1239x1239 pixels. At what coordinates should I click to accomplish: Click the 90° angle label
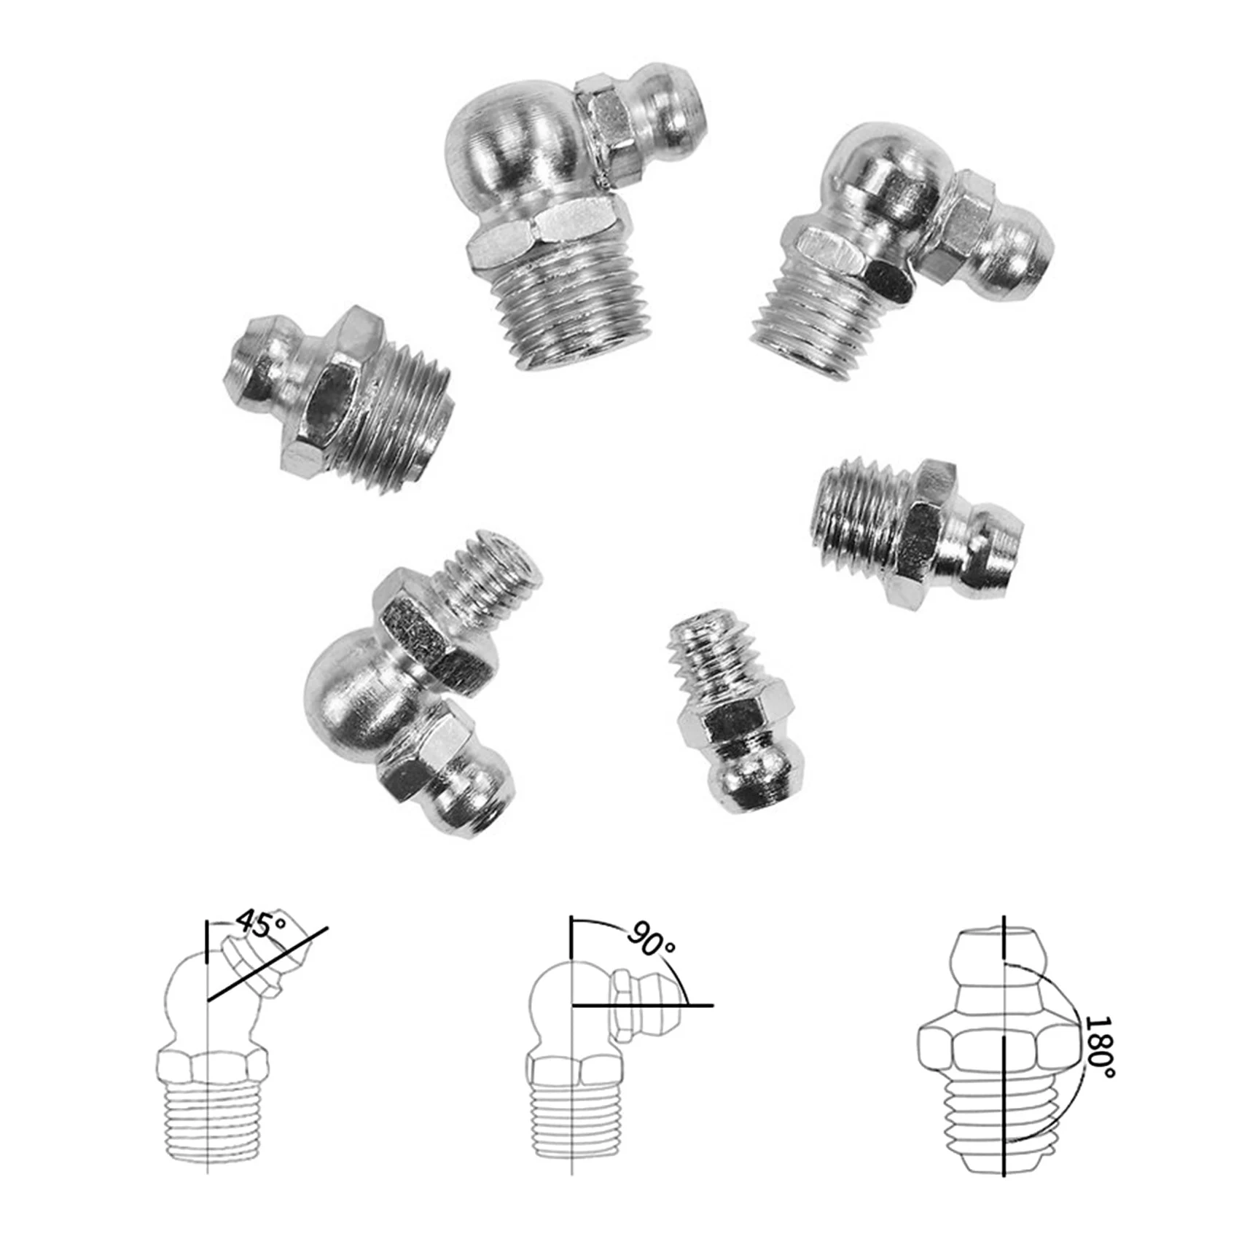651,943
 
